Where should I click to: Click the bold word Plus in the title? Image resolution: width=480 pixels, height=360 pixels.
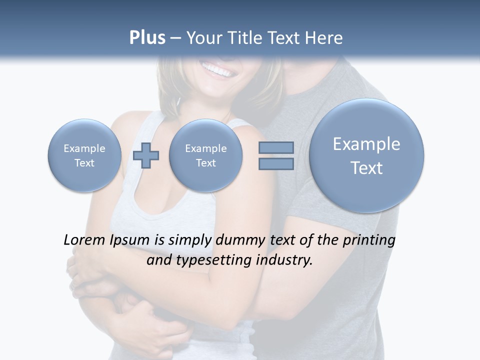tap(147, 38)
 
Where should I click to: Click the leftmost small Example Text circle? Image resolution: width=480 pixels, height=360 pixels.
tap(84, 155)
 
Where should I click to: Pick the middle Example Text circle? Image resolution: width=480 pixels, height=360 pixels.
tap(205, 155)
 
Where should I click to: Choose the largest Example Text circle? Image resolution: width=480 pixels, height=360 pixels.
tap(366, 155)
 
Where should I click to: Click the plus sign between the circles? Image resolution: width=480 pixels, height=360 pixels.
tap(146, 155)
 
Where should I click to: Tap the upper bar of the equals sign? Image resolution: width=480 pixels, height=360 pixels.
tap(276, 147)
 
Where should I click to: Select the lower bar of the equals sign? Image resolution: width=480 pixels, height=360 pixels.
tap(276, 164)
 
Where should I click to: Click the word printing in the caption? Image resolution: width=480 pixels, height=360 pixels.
tap(368, 240)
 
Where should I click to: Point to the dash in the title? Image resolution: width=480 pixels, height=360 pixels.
tap(175, 38)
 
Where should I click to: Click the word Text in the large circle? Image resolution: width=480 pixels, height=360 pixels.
tap(366, 168)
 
